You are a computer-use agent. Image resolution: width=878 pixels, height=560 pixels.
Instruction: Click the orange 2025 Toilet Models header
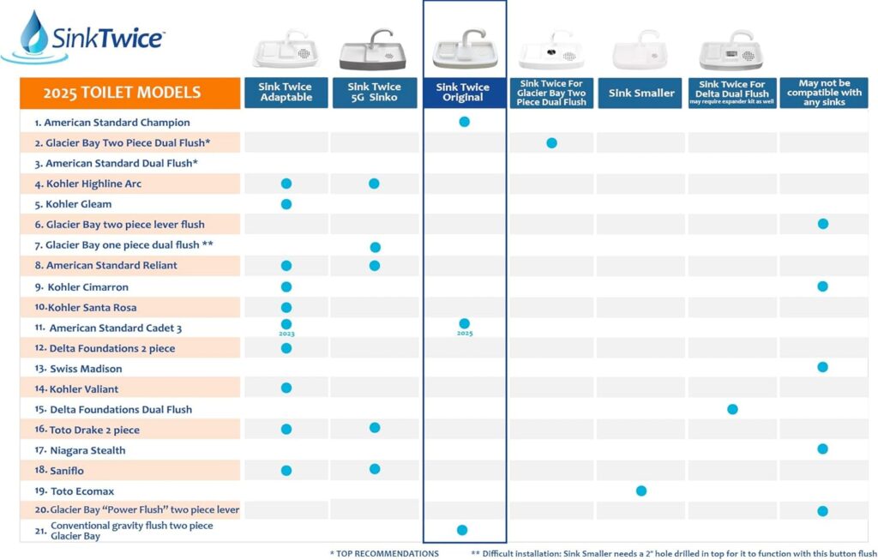(129, 93)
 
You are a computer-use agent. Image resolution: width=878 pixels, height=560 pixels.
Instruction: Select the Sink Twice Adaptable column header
(286, 93)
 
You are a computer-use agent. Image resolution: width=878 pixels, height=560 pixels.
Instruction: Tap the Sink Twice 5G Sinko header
(374, 93)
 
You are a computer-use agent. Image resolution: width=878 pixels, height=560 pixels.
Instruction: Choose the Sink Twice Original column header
(463, 93)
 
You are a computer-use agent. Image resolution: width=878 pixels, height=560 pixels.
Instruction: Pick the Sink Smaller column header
(641, 93)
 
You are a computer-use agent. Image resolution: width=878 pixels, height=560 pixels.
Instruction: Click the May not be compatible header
(824, 93)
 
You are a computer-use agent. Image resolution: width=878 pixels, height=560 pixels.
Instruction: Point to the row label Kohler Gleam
(79, 204)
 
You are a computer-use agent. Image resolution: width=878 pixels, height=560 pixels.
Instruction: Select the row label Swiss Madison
(86, 369)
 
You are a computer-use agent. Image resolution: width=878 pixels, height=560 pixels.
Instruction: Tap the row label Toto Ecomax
(81, 491)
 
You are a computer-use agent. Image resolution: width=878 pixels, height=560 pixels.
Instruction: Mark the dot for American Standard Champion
(464, 122)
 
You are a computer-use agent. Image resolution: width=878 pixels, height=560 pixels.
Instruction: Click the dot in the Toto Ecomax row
(641, 491)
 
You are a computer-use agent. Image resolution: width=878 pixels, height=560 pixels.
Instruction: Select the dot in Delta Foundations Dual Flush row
(732, 409)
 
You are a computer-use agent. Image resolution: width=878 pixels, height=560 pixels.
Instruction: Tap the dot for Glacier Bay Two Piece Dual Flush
(551, 142)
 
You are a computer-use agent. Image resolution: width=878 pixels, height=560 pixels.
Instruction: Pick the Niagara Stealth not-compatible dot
(822, 449)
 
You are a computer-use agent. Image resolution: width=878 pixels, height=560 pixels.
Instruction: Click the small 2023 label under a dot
(286, 334)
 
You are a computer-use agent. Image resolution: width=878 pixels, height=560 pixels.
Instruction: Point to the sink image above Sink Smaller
(640, 51)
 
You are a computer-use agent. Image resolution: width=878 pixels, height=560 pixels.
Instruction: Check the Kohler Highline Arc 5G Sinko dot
(374, 184)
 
